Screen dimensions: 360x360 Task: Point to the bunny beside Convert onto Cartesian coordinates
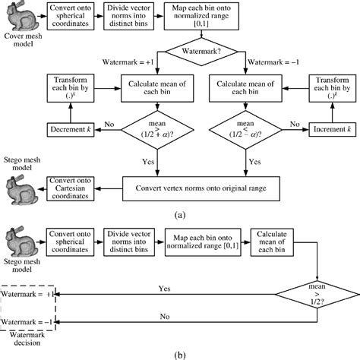20,187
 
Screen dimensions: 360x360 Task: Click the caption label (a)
180,215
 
